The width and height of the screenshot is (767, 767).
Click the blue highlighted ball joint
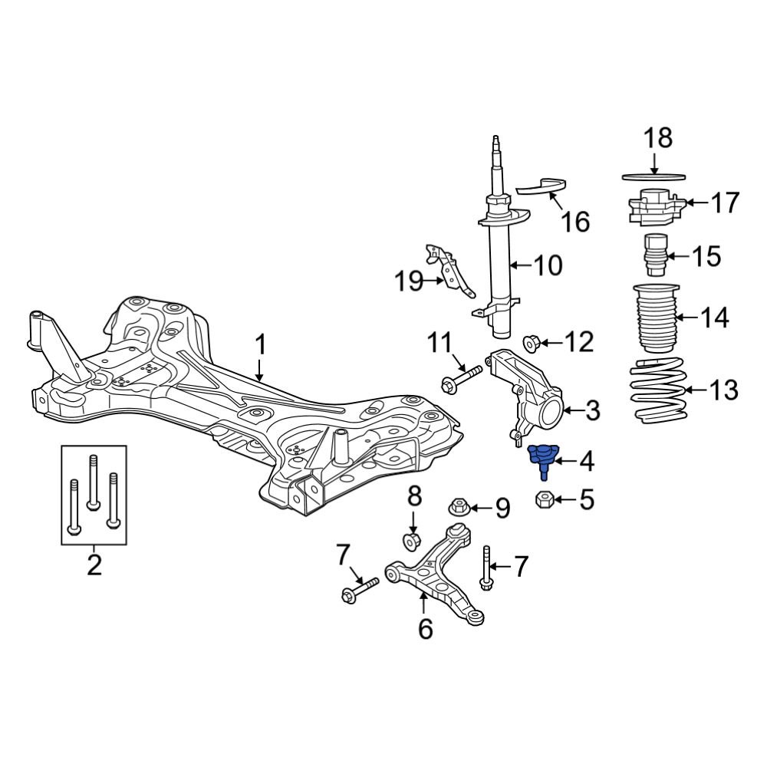coord(542,458)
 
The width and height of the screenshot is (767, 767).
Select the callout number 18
coord(657,138)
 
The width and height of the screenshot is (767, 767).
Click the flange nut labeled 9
coord(458,507)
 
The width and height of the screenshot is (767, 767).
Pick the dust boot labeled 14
coord(653,317)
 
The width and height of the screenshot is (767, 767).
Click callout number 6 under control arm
coord(425,630)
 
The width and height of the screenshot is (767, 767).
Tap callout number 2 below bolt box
coord(94,566)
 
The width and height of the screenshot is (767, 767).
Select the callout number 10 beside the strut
coord(548,266)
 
